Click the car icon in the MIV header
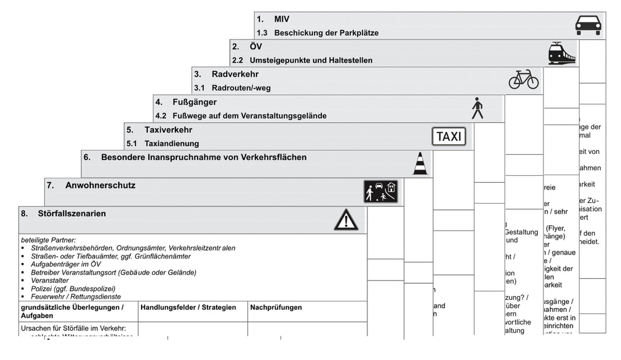(x=588, y=25)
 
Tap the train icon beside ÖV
(x=562, y=53)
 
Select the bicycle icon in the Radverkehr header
(x=523, y=79)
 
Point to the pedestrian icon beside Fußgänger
(x=477, y=108)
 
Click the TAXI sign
(x=449, y=136)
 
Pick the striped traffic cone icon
(x=419, y=163)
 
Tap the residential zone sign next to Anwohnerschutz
(x=381, y=192)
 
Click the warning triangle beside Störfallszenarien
(x=346, y=220)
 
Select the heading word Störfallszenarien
(x=72, y=214)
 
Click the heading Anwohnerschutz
(x=100, y=185)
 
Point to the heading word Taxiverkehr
(x=168, y=130)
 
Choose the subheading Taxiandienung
(x=171, y=144)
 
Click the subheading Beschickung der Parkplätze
(x=326, y=33)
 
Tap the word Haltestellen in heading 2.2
(x=351, y=60)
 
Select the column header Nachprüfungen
(x=276, y=307)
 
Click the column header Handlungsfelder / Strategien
(x=188, y=307)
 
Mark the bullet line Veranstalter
(x=49, y=280)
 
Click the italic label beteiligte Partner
(x=48, y=240)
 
